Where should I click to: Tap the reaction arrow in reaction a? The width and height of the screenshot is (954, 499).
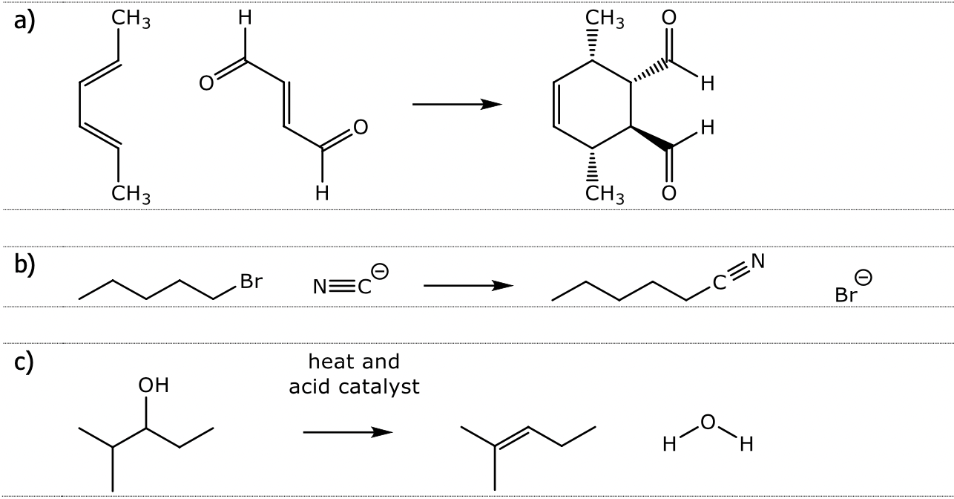click(x=456, y=105)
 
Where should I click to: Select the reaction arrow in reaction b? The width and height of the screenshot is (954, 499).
click(x=467, y=285)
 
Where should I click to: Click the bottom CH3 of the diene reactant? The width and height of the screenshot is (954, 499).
click(x=131, y=195)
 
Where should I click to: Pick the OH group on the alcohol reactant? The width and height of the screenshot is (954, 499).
click(x=154, y=386)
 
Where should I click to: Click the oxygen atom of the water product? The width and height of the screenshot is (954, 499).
click(x=708, y=423)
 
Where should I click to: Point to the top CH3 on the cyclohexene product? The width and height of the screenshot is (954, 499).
click(x=605, y=21)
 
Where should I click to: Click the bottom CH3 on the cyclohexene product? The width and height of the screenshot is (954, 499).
click(x=605, y=195)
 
